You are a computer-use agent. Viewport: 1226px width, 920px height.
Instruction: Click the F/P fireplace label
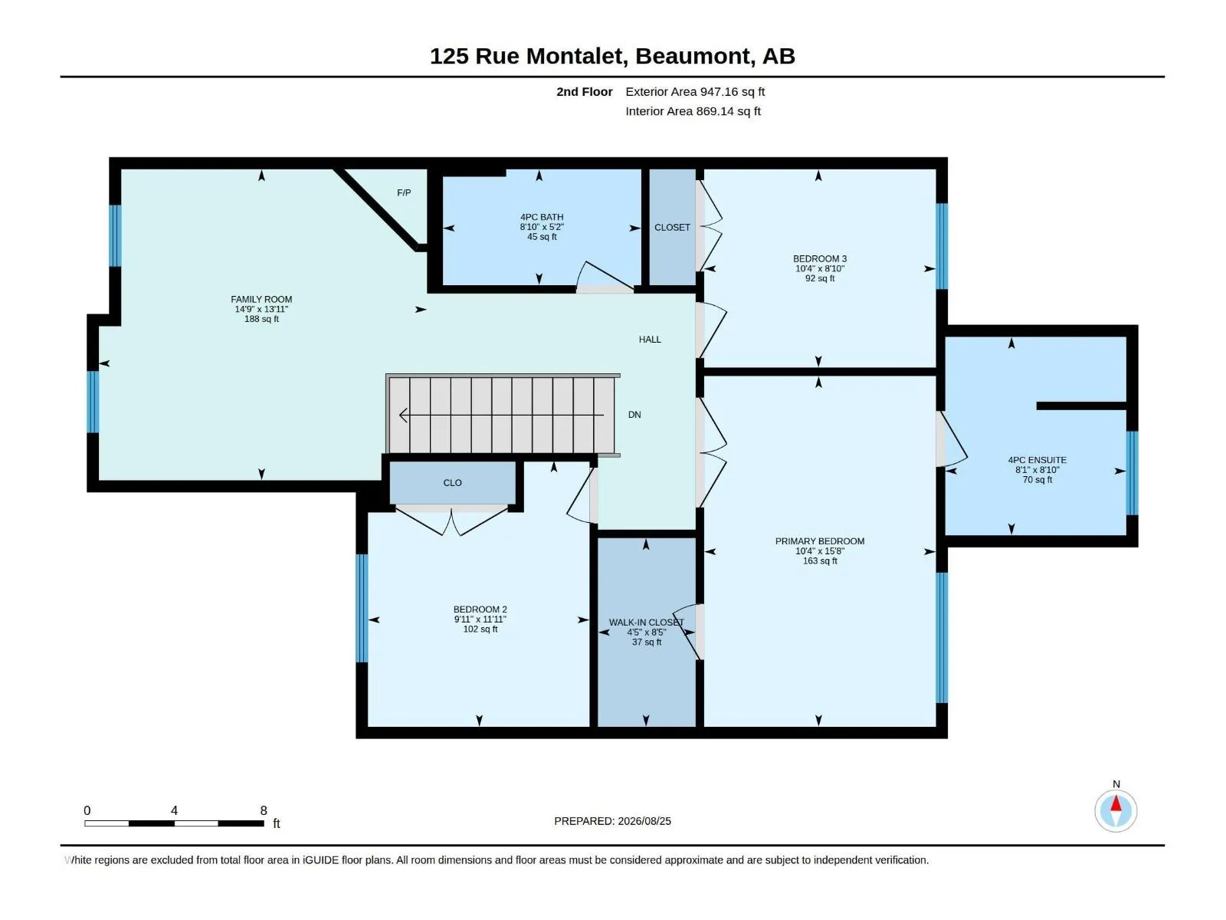pyautogui.click(x=404, y=192)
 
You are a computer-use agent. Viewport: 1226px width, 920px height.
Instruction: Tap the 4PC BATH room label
pyautogui.click(x=542, y=217)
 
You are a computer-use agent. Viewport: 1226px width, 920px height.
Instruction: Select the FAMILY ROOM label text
pyautogui.click(x=261, y=300)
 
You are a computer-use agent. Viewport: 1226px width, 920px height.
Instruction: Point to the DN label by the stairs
pyautogui.click(x=634, y=415)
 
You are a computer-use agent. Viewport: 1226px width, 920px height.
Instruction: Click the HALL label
pyautogui.click(x=650, y=339)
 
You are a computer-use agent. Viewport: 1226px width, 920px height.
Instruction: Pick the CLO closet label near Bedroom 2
pyautogui.click(x=452, y=483)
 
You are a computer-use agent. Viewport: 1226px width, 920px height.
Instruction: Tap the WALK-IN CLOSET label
pyautogui.click(x=646, y=623)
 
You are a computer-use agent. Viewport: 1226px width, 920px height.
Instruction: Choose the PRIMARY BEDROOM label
pyautogui.click(x=819, y=540)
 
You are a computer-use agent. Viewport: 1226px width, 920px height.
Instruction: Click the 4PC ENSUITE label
pyautogui.click(x=1038, y=460)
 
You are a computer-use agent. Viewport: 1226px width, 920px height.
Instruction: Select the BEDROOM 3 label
pyautogui.click(x=819, y=258)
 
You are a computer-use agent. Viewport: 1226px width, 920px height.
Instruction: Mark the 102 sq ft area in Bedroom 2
pyautogui.click(x=480, y=629)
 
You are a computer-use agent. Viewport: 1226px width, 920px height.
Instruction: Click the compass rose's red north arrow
pyautogui.click(x=1116, y=803)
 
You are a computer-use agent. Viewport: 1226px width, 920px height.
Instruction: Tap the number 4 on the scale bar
pyautogui.click(x=174, y=810)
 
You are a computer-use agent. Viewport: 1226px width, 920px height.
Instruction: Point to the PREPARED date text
pyautogui.click(x=612, y=821)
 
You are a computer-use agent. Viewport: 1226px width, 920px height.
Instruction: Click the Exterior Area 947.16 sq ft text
pyautogui.click(x=695, y=91)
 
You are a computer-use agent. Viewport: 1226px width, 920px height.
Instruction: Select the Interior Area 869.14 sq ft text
pyautogui.click(x=693, y=111)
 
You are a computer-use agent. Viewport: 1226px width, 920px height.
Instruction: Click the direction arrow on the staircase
pyautogui.click(x=501, y=415)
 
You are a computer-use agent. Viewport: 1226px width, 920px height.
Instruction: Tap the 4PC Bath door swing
pyautogui.click(x=605, y=276)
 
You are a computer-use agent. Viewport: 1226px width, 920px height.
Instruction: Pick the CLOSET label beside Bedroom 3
pyautogui.click(x=672, y=228)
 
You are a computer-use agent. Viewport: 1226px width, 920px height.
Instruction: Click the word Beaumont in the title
pyautogui.click(x=693, y=56)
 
